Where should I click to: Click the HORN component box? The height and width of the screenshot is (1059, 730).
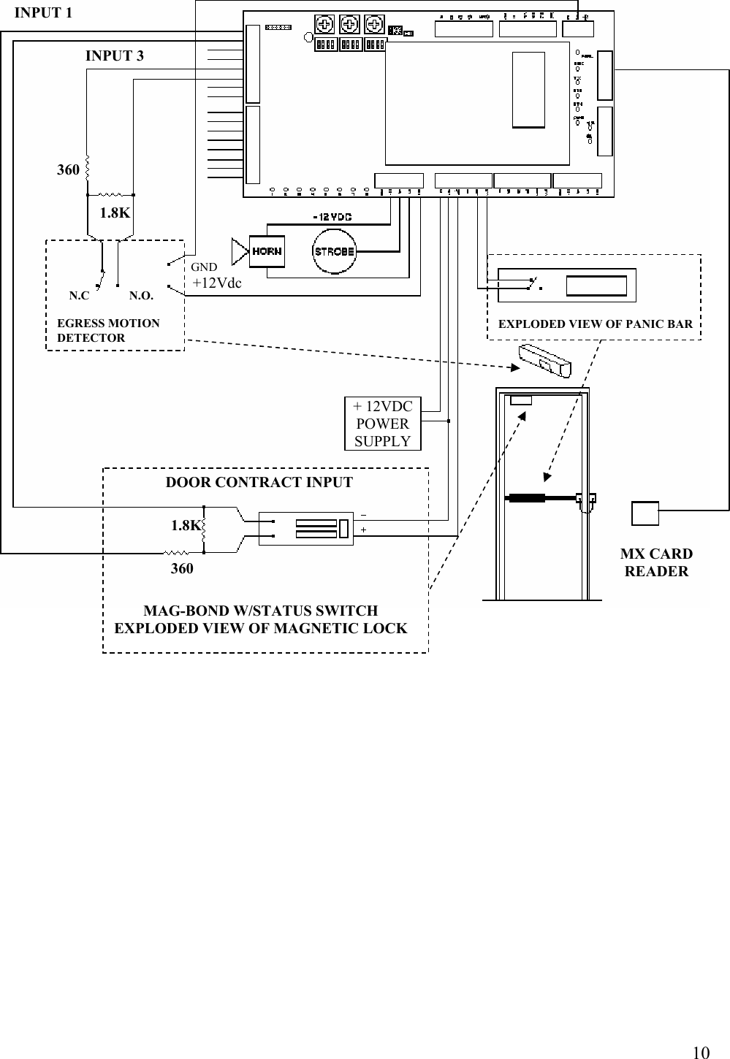(x=267, y=251)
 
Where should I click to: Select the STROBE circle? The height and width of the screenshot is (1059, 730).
(x=334, y=251)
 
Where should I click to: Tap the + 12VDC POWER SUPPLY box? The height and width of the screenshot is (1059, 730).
(x=382, y=424)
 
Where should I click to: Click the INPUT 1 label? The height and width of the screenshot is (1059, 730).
(x=43, y=12)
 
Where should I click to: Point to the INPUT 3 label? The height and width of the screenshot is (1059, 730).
(x=115, y=56)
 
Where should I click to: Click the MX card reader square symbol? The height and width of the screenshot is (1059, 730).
(x=645, y=513)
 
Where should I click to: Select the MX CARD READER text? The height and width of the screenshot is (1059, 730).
(x=656, y=562)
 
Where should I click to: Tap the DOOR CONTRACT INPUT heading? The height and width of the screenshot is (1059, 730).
(x=259, y=482)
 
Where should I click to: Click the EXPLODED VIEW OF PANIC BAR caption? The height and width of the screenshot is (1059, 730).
(x=595, y=324)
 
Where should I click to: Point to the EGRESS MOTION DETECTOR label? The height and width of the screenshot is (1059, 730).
(x=108, y=330)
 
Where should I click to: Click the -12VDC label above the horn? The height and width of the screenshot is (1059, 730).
(x=332, y=217)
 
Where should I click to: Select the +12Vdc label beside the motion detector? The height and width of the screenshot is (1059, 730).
(x=216, y=283)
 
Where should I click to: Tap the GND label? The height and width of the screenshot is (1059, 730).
(x=204, y=267)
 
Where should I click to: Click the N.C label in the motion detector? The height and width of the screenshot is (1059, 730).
(x=79, y=297)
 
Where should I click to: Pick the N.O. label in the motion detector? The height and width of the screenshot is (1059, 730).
(x=141, y=297)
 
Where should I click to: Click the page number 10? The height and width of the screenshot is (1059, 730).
(x=700, y=1052)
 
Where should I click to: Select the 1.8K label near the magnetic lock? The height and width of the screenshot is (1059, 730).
(x=185, y=525)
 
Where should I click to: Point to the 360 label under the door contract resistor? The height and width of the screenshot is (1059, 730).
(x=182, y=568)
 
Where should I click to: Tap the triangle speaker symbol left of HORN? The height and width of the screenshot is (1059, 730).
(x=240, y=251)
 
